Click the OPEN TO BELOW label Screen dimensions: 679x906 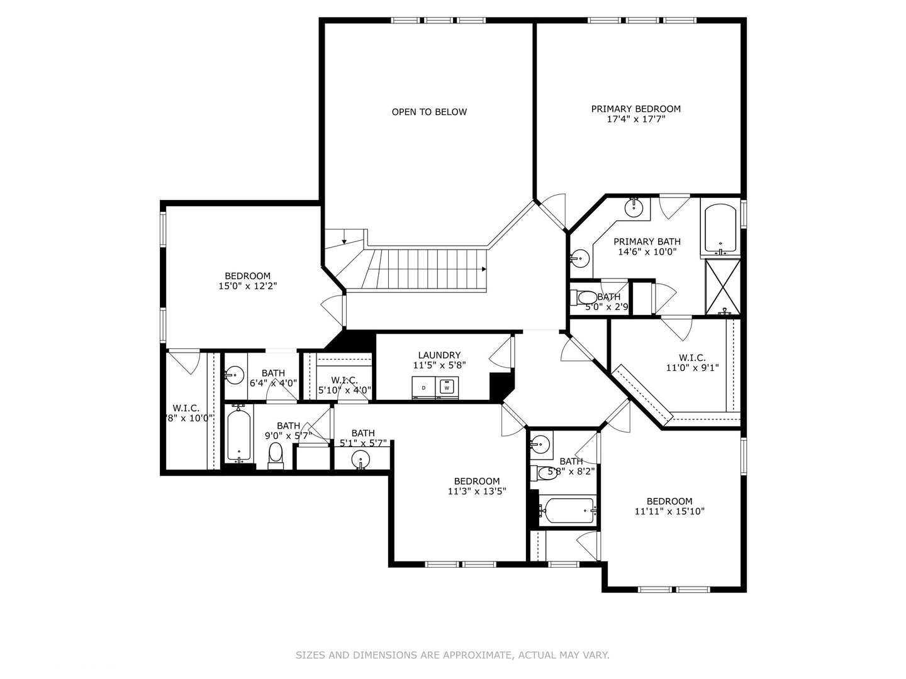(x=429, y=112)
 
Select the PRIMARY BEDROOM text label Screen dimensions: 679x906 (x=635, y=109)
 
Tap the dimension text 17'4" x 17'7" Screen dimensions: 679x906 (x=635, y=119)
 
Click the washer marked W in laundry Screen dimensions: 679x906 (x=447, y=387)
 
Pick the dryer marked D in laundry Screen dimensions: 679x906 (x=423, y=387)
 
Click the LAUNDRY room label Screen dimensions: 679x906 (x=439, y=355)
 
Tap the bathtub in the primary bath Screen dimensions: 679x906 (x=720, y=229)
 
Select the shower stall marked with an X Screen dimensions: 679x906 (x=722, y=286)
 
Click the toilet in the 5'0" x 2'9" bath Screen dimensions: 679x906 (x=586, y=297)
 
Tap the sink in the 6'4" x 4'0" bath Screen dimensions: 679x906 (x=234, y=375)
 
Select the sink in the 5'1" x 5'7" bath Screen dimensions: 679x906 (x=361, y=458)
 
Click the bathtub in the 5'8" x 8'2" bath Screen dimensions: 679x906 (x=568, y=510)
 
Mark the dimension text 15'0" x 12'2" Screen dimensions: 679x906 (x=247, y=286)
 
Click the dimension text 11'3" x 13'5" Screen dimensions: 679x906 (x=476, y=492)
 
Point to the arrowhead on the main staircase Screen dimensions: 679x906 (x=483, y=269)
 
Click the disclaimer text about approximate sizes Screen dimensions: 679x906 (x=452, y=655)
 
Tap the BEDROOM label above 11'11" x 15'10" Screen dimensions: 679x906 (x=669, y=501)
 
